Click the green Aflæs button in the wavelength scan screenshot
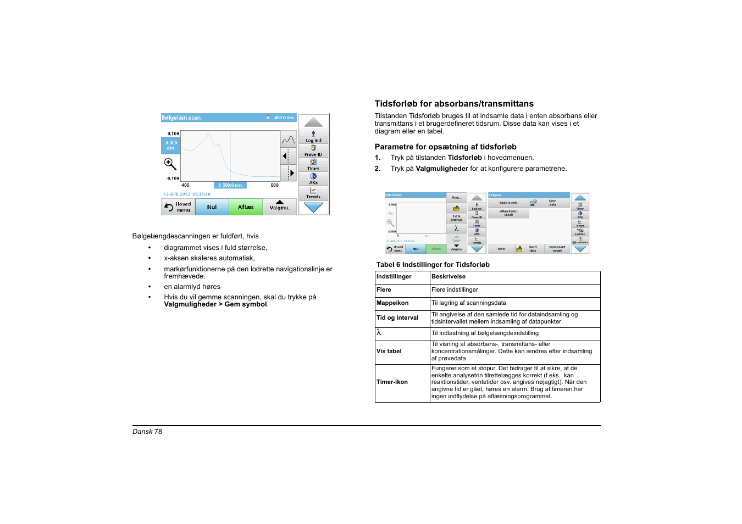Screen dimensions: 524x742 (x=246, y=207)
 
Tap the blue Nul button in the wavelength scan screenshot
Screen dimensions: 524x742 (x=212, y=207)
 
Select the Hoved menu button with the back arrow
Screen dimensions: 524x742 (x=178, y=207)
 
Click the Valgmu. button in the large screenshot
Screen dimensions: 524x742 (x=279, y=207)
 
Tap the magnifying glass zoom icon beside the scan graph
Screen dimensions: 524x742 (x=170, y=164)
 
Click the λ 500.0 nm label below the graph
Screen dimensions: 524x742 (x=230, y=185)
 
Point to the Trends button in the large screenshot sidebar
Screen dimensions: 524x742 (x=313, y=193)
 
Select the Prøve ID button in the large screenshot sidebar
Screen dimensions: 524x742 (x=313, y=151)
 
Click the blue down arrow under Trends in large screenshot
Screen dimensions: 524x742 (x=313, y=208)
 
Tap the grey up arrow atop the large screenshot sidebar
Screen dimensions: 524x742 (x=313, y=122)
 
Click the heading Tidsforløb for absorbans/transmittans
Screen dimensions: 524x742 (x=454, y=104)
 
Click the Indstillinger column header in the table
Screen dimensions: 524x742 (x=394, y=277)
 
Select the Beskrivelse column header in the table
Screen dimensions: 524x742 (x=448, y=277)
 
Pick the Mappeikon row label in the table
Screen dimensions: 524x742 (x=392, y=303)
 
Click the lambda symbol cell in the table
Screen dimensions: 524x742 (x=379, y=333)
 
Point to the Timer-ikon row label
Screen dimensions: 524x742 (x=392, y=382)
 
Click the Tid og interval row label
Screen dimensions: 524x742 (x=397, y=318)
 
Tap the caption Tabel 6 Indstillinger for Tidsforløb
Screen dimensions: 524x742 (x=433, y=265)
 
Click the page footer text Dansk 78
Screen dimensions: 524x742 (x=147, y=432)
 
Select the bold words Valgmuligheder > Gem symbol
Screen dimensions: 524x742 (x=215, y=304)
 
